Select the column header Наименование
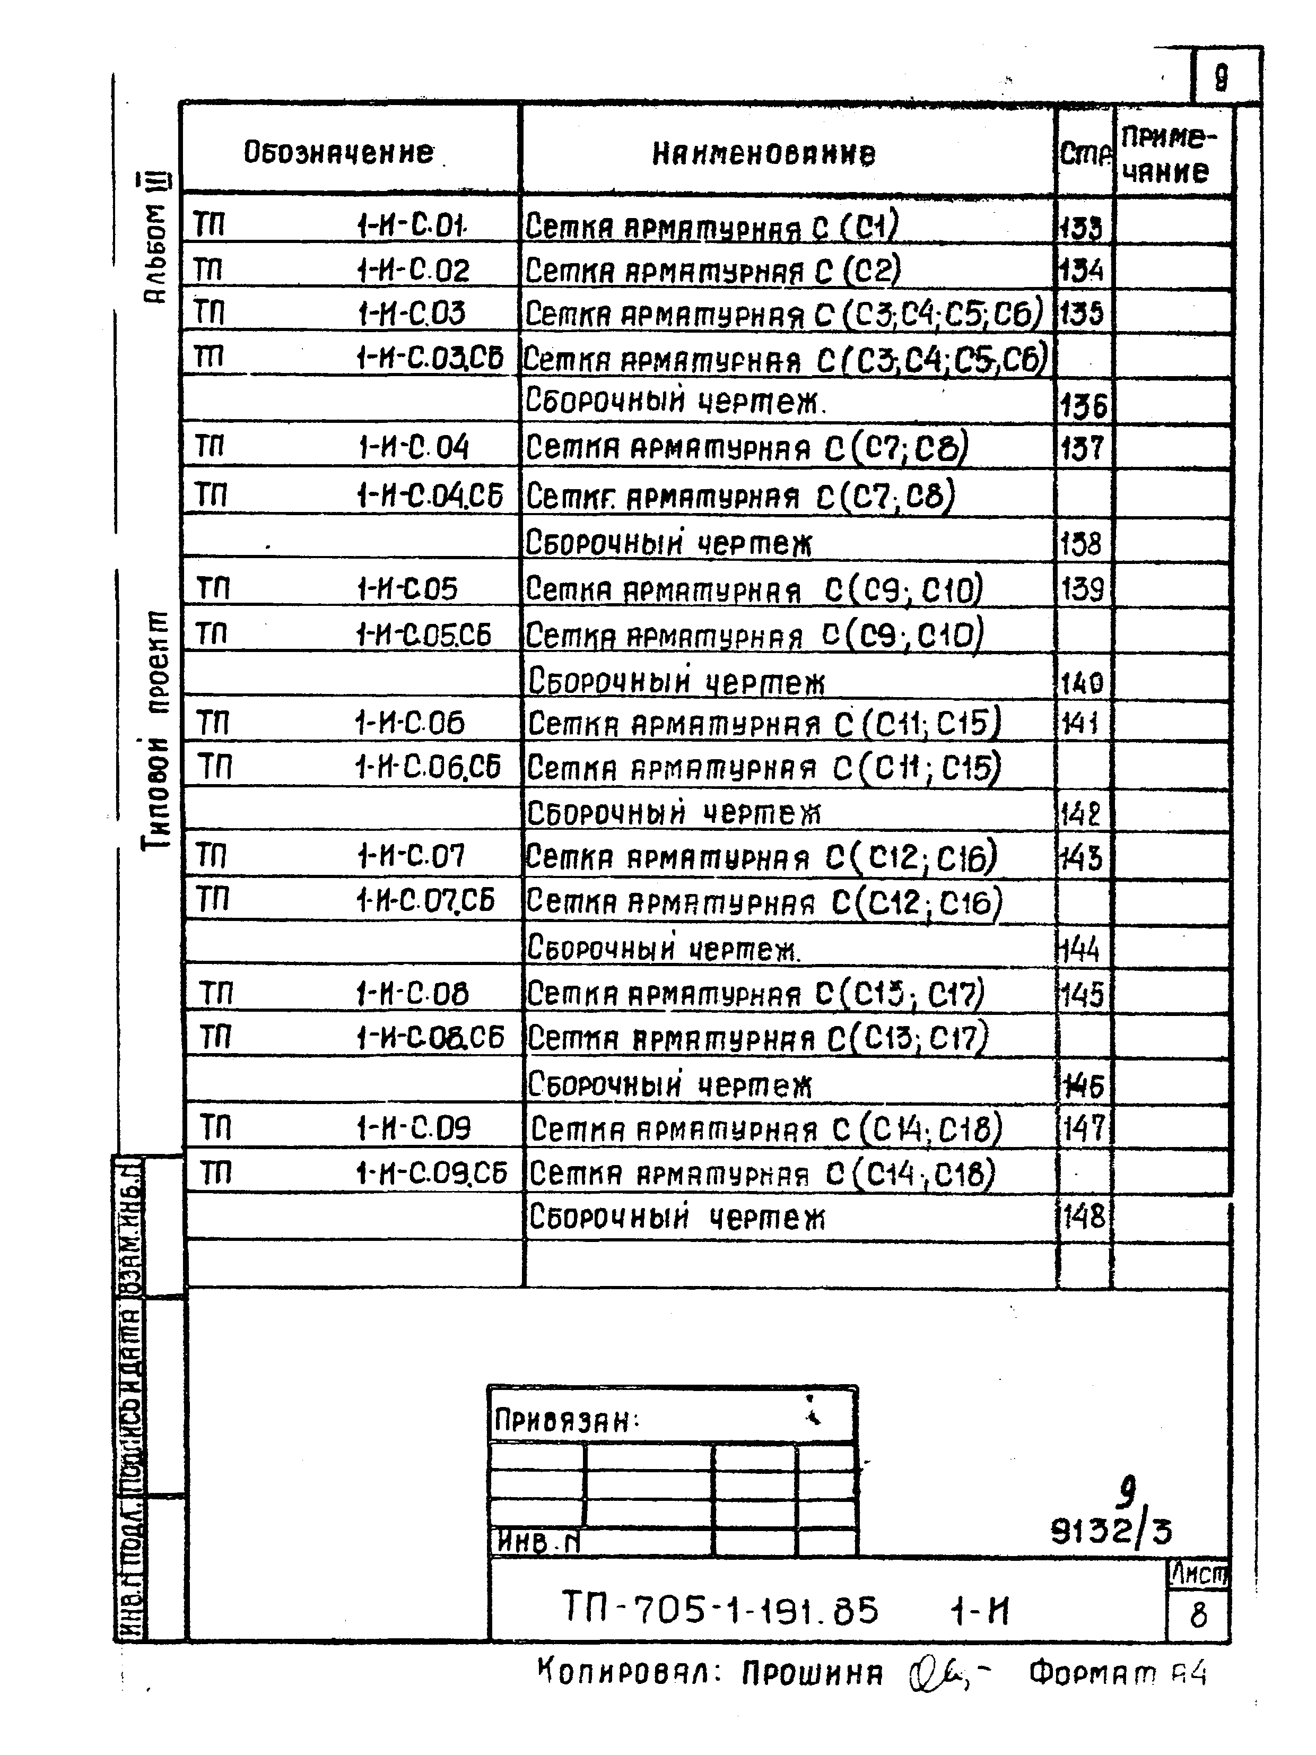(763, 153)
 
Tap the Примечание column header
(1166, 155)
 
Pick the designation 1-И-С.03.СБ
(429, 359)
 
